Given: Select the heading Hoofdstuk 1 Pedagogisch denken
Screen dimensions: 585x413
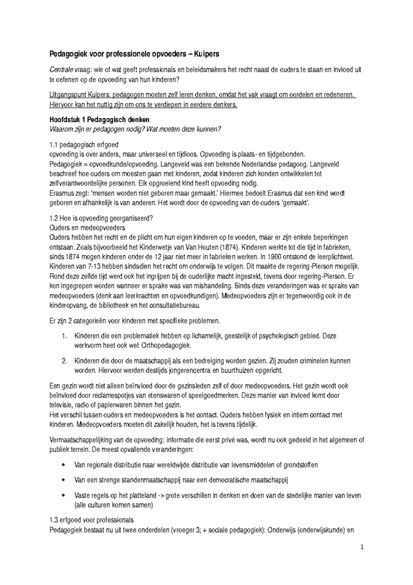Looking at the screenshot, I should pos(99,120).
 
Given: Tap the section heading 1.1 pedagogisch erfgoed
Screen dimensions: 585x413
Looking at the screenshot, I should pos(84,145).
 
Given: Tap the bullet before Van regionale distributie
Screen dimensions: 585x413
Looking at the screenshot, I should pos(63,465).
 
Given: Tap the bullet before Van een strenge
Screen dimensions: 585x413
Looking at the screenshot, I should pos(63,480).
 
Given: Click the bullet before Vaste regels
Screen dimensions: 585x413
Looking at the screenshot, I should pos(63,495).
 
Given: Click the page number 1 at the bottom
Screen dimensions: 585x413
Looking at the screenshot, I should pos(362,547).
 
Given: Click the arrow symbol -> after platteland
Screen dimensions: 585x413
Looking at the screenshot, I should pos(161,495).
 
